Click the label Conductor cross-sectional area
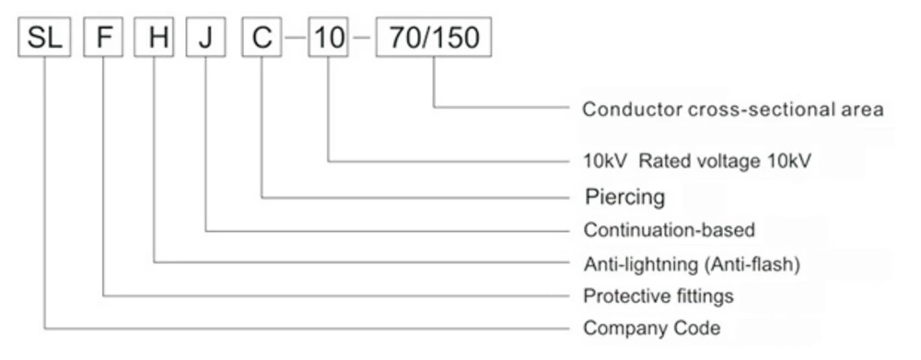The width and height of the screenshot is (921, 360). (733, 110)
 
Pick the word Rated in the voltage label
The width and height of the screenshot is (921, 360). (661, 159)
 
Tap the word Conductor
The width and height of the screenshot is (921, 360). (622, 110)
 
